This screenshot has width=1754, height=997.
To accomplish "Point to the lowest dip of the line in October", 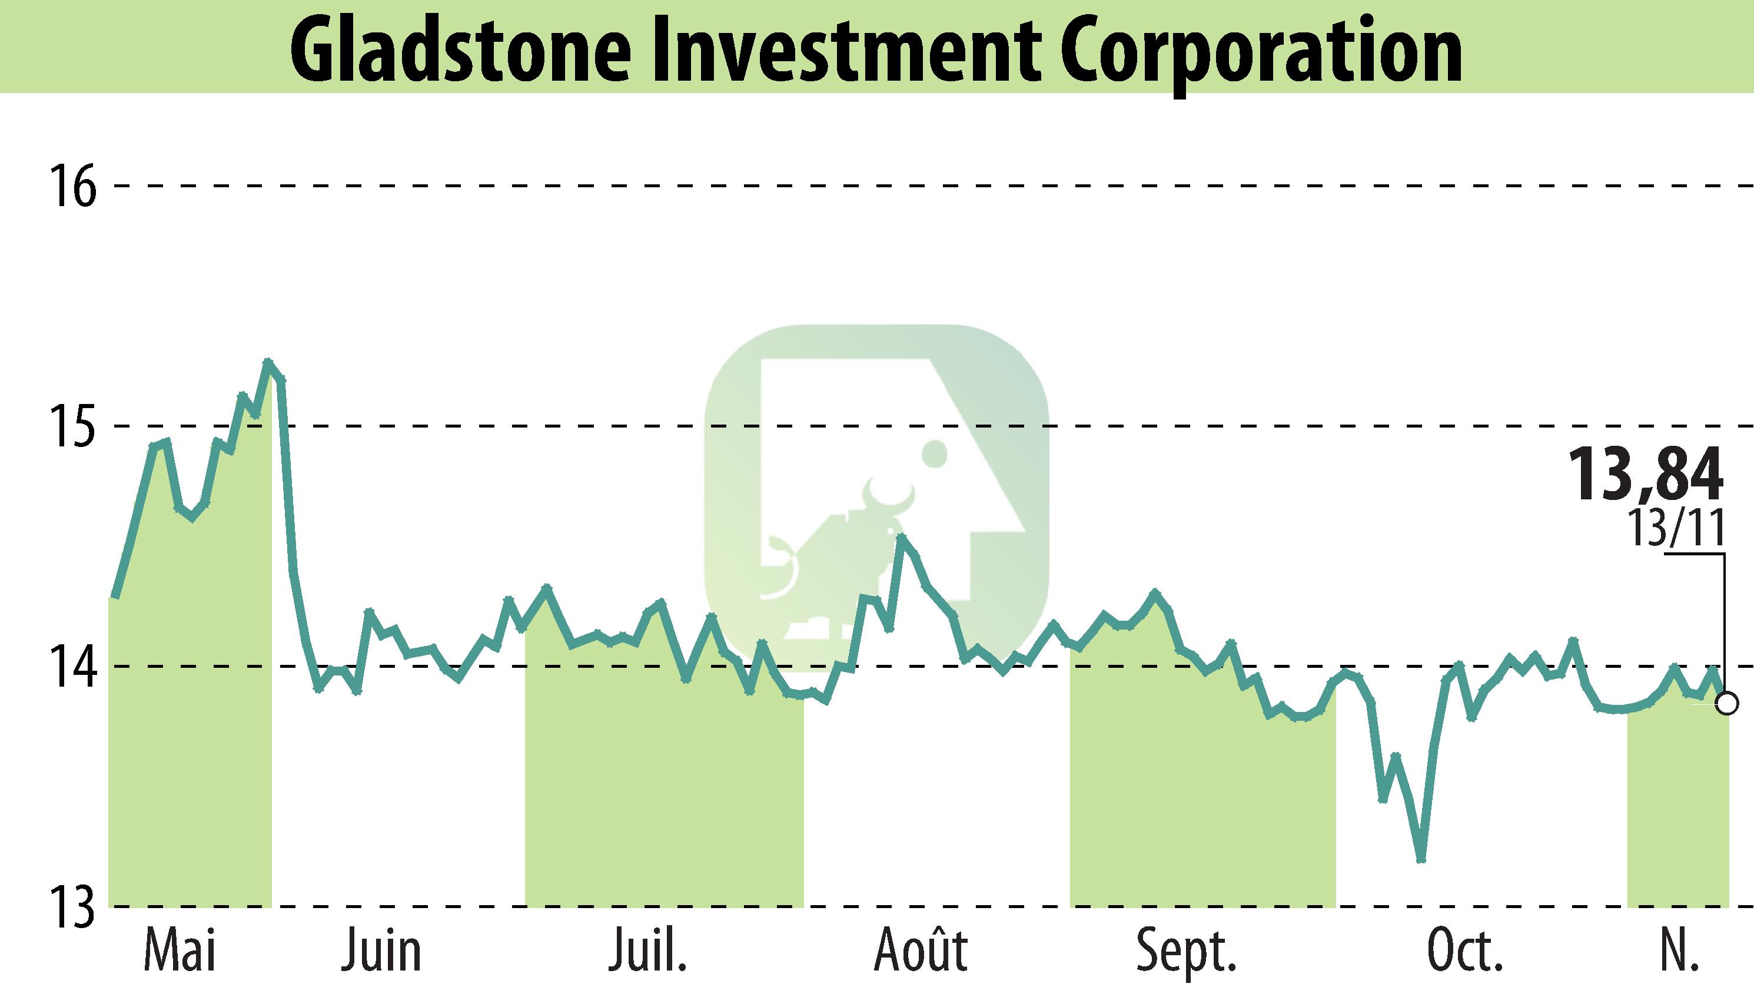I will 1421,860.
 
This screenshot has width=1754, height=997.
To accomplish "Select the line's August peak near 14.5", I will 901,537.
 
